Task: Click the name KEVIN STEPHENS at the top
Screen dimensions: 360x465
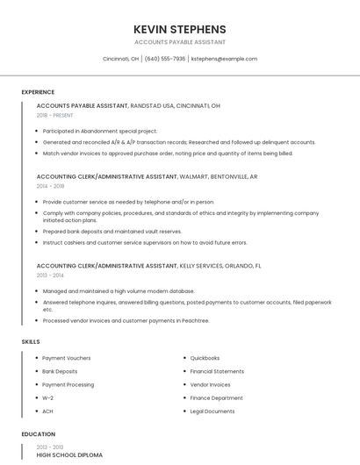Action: (180, 29)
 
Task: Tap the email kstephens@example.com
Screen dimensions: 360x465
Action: (224, 59)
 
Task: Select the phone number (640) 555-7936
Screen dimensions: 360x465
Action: (165, 59)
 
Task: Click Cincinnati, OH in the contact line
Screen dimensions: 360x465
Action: (121, 59)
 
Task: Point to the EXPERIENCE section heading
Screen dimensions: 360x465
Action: (38, 92)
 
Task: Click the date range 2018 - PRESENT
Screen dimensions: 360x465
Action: (54, 115)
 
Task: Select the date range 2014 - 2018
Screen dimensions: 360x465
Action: (50, 186)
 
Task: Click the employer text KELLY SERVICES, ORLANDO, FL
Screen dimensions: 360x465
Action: (220, 265)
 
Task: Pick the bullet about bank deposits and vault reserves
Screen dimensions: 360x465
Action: (112, 232)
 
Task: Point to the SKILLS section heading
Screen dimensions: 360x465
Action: (31, 341)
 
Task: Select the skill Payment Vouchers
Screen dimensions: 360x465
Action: (66, 358)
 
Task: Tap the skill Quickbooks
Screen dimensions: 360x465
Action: (205, 358)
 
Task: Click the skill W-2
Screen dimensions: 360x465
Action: (47, 397)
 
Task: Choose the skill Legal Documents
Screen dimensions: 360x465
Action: (212, 411)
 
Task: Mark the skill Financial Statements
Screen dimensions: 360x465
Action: (217, 371)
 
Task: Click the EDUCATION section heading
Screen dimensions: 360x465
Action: (38, 434)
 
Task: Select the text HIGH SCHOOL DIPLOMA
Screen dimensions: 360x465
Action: (69, 455)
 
